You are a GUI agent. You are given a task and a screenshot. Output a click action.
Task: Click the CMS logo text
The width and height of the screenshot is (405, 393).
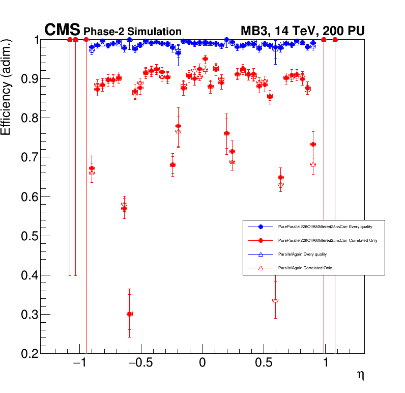coord(63,30)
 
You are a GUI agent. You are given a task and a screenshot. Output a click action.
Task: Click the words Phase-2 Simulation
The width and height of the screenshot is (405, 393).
coord(132,32)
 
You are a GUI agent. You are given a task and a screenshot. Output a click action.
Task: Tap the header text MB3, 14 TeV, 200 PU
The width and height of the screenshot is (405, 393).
coord(302,31)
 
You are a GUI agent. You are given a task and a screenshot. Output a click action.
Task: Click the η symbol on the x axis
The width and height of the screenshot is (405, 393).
coord(360,375)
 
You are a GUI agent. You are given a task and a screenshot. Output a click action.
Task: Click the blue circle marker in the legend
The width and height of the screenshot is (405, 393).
coord(261,226)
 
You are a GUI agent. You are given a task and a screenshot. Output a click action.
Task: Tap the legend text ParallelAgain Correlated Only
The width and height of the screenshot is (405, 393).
coord(305,267)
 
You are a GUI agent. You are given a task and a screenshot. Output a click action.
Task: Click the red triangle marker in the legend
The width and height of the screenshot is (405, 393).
coord(261,267)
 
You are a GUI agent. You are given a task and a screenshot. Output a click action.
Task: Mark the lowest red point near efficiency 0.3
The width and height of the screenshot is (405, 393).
coord(129,314)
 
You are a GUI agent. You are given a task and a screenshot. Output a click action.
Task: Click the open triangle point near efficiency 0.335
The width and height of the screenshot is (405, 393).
coord(275,300)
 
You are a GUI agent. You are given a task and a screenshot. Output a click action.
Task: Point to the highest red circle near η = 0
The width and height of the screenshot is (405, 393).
coord(205,59)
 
